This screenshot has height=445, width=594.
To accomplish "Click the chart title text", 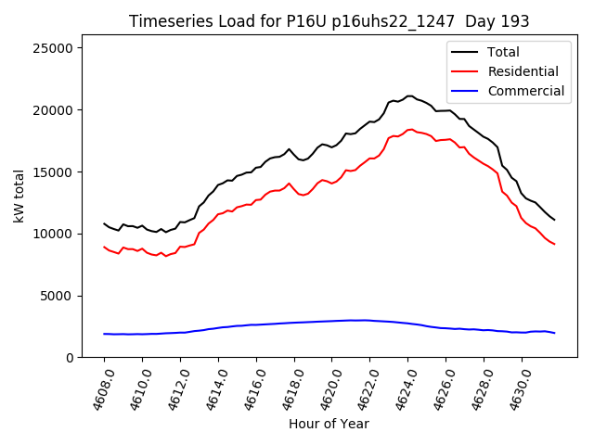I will click(x=329, y=21).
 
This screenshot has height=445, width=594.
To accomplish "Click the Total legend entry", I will click(x=503, y=52).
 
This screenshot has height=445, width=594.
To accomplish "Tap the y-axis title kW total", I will click(x=18, y=197).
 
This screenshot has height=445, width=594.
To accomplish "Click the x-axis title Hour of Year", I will click(x=329, y=424).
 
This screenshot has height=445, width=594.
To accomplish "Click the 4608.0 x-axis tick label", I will click(x=97, y=388).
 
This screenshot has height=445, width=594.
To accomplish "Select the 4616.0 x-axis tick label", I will click(x=249, y=388).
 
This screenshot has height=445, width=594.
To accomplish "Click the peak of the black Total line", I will click(x=409, y=95).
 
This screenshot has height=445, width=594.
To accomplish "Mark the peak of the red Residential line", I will click(x=410, y=129).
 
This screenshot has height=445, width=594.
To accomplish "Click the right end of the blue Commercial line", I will click(x=554, y=333).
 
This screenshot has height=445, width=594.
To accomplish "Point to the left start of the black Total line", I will click(x=104, y=223).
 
